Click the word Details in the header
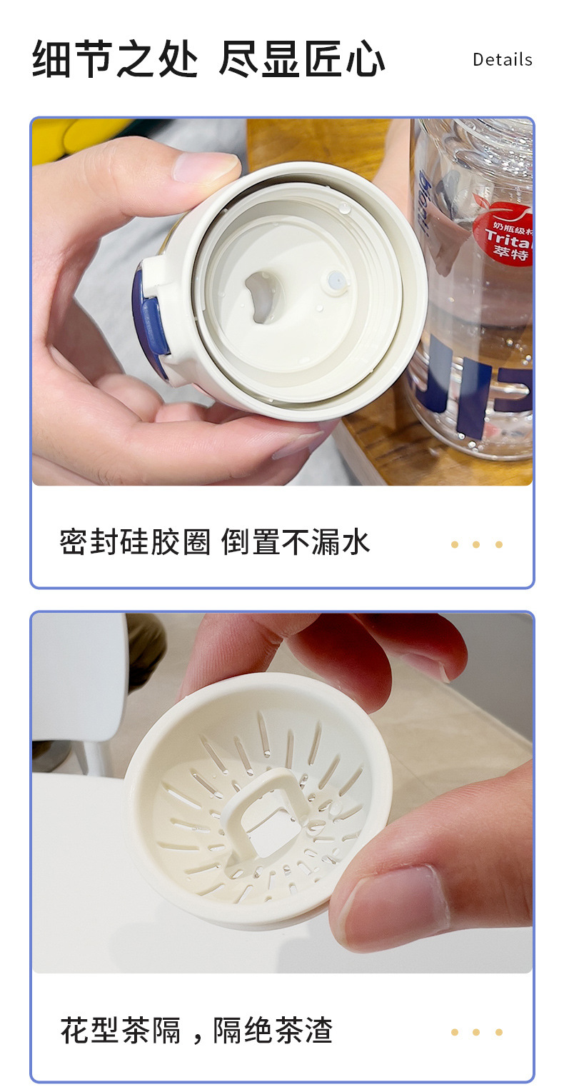pos(502,59)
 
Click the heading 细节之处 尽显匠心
pos(208,59)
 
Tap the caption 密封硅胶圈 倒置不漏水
pos(214,543)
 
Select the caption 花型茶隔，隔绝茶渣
pos(196,1031)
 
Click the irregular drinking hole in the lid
pos(268,295)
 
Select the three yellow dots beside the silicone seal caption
pos(476,544)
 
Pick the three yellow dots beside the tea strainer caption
pos(476,1032)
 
